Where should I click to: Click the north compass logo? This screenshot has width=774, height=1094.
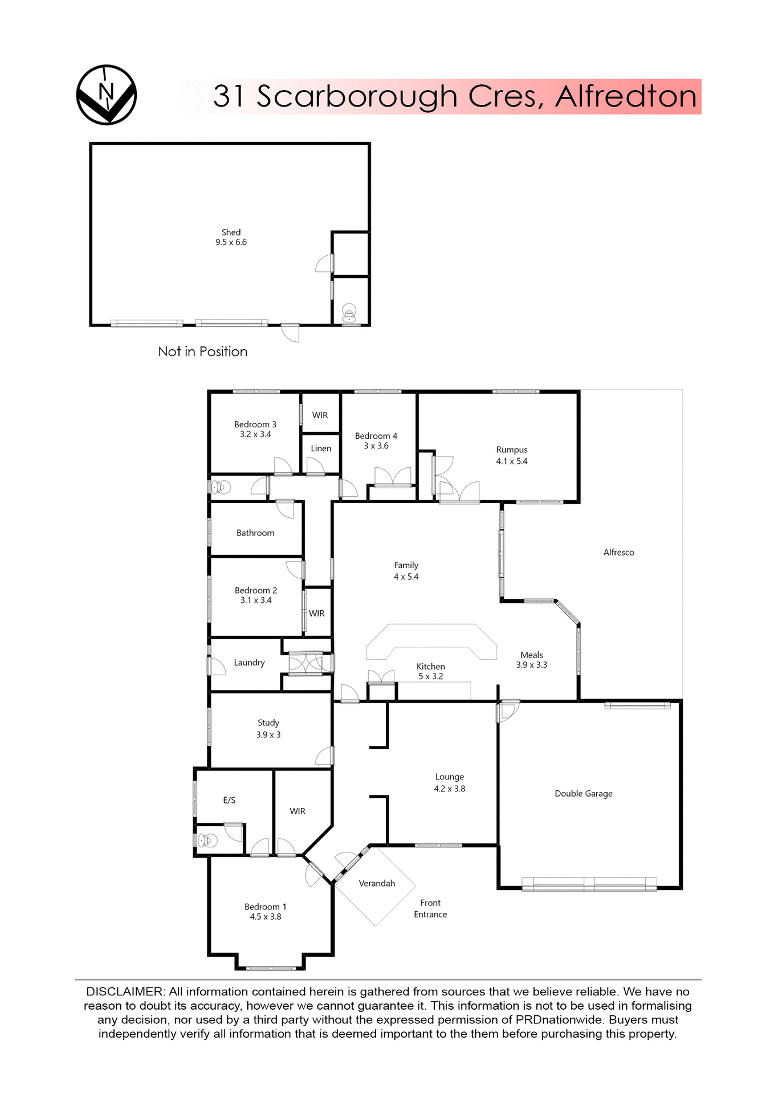[107, 95]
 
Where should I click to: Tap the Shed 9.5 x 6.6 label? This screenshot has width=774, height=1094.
[231, 237]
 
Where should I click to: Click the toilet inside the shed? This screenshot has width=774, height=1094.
[349, 312]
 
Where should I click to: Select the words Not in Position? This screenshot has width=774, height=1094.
[202, 352]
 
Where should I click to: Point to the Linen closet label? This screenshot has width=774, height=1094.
[321, 448]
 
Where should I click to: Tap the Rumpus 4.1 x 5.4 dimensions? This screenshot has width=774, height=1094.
[511, 461]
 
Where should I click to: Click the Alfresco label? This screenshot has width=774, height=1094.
[618, 552]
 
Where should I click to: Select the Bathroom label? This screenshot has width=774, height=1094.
[255, 533]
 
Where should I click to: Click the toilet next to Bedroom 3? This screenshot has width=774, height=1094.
[221, 487]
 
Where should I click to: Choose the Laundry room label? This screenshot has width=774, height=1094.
[249, 663]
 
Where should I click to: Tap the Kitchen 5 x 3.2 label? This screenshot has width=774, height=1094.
[430, 671]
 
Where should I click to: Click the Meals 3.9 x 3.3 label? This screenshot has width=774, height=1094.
[531, 660]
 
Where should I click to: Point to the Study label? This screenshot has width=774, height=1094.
[268, 722]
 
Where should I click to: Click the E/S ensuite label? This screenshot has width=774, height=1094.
[229, 800]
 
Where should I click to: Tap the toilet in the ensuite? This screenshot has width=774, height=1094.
[207, 840]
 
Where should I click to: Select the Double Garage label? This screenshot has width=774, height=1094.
[583, 793]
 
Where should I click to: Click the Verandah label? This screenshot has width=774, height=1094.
[377, 883]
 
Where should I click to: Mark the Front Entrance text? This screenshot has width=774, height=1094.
[430, 908]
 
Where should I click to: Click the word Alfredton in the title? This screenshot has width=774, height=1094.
[625, 96]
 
